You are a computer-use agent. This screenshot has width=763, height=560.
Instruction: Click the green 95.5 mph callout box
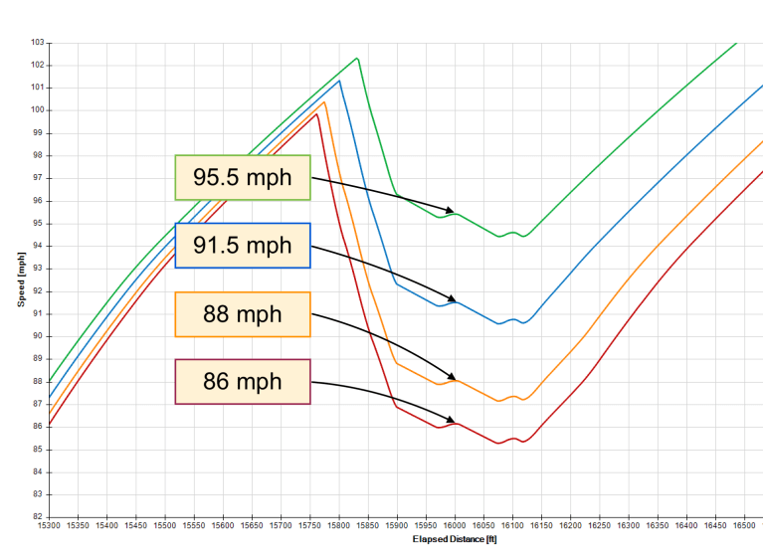point(243,177)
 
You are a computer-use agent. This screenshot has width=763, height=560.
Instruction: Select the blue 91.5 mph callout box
point(243,246)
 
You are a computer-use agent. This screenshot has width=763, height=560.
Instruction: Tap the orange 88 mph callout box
point(243,314)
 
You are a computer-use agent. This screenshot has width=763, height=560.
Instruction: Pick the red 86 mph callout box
point(243,382)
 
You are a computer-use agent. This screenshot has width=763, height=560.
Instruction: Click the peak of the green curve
point(356,59)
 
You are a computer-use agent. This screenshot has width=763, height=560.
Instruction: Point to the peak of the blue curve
point(339,81)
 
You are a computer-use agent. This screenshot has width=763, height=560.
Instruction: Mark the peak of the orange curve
point(324,102)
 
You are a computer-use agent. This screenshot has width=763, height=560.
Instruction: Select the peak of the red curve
point(317,114)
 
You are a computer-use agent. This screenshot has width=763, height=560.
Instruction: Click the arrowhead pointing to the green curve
point(452,212)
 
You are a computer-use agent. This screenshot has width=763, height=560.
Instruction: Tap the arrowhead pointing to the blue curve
point(453,300)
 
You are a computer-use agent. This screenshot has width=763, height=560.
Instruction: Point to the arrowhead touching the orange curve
point(453,378)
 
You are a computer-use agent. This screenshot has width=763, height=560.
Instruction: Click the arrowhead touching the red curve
point(453,422)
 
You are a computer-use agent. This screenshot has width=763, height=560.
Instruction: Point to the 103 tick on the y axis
point(38,43)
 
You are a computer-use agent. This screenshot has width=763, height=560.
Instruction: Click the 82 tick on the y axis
point(38,517)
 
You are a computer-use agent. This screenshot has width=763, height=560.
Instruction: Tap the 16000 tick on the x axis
point(455,524)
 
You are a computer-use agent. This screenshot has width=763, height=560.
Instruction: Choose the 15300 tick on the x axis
point(49,524)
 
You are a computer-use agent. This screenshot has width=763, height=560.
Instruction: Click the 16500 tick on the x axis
point(744,524)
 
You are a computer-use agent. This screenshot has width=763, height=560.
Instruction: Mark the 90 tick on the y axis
point(38,336)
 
